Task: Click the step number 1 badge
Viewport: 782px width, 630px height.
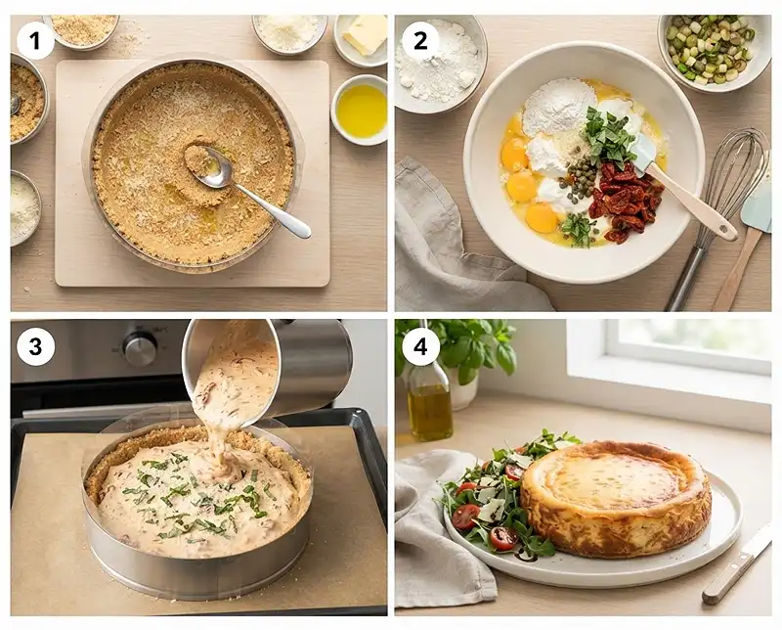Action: coord(34,41)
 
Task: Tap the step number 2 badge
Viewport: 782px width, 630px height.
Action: coord(420,40)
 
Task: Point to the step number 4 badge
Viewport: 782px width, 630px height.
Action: coord(420,346)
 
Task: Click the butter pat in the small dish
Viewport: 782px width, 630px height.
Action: coord(366,34)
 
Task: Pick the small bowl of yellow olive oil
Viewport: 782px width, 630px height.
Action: coord(359,110)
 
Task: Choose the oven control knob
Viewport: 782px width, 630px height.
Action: coord(140,347)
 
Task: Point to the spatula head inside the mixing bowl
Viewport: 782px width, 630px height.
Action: coord(643,151)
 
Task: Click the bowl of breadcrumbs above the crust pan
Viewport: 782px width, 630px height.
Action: coord(81,31)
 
